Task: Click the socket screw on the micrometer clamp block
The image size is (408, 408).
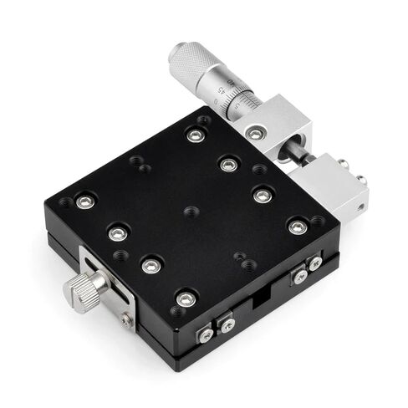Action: pos(254,133)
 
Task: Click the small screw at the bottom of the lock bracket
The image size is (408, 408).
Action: pos(126,319)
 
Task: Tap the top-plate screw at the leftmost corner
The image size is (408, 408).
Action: pos(83,201)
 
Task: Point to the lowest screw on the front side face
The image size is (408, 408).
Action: pos(206,336)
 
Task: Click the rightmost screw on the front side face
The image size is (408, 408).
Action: pos(314,263)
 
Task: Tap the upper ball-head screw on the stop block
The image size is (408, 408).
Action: pos(343,164)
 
